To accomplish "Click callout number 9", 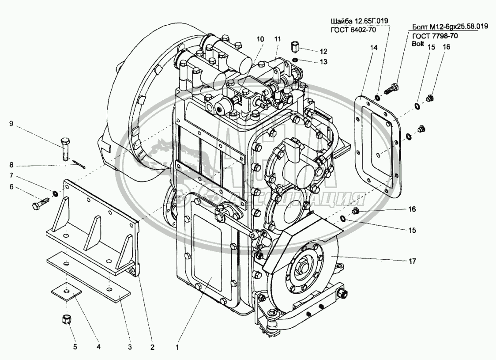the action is tap(11, 124).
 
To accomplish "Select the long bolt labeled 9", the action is tap(65, 149).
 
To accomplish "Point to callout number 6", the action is tap(11, 187).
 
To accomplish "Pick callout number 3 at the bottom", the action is tap(130, 347).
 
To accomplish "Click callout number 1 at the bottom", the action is tap(177, 347).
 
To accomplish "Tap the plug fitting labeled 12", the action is tap(294, 47).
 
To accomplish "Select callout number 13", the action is tap(323, 62).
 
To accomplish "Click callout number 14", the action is tap(374, 48).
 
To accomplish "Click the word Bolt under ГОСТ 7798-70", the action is tap(418, 44).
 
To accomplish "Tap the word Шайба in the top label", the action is tap(340, 21).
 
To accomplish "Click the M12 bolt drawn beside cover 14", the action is tap(391, 88).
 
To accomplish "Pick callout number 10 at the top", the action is tap(260, 39).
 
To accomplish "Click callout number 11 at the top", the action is tap(278, 39).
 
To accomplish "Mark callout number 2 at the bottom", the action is tap(152, 347).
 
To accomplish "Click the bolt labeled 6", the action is tap(41, 203).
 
